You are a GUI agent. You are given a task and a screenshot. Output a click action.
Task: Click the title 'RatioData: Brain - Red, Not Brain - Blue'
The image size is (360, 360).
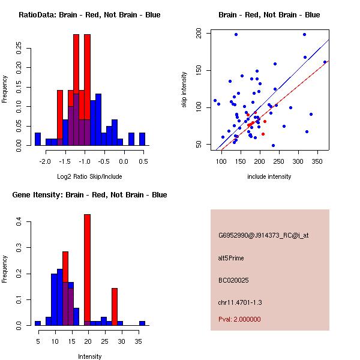(89, 15)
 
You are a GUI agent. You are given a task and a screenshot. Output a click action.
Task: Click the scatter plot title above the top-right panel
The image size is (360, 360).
(269, 15)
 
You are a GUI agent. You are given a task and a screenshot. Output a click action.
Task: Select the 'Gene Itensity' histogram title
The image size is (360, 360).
(89, 195)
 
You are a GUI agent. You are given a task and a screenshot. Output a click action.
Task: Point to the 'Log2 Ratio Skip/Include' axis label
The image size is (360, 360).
(89, 176)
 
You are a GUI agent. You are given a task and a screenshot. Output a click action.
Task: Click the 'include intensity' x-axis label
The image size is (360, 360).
(269, 176)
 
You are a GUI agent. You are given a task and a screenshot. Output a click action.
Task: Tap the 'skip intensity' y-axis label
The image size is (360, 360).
(184, 90)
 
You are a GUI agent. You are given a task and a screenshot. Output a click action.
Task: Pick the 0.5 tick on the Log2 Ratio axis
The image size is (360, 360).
(143, 161)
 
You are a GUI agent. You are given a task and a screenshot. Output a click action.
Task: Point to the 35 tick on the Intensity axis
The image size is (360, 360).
(139, 341)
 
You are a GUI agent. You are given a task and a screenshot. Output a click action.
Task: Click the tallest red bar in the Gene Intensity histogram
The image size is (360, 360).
(87, 270)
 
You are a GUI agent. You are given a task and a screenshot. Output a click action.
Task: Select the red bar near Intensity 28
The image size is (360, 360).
(115, 306)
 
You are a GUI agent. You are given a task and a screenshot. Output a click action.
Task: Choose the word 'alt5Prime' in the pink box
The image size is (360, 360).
(231, 258)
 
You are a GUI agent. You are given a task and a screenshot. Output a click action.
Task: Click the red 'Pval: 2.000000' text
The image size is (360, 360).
(239, 319)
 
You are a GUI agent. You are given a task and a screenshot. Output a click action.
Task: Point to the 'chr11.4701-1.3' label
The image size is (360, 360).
(240, 302)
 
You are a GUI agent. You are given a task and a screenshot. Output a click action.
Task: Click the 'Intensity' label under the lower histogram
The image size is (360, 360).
(89, 356)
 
